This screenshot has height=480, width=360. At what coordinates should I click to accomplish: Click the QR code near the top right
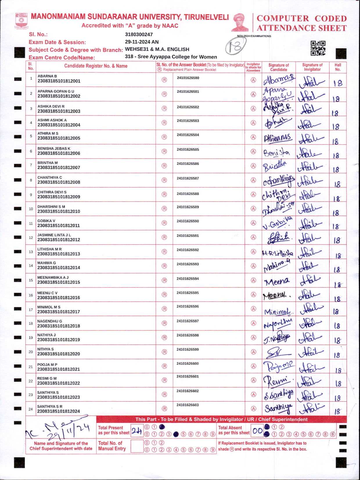(318, 48)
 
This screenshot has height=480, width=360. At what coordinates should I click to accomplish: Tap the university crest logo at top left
(21, 21)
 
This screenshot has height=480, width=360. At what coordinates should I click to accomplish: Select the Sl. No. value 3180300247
(139, 34)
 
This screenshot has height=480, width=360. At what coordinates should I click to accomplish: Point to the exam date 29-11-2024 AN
(142, 42)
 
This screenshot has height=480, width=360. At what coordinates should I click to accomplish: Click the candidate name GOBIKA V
(46, 221)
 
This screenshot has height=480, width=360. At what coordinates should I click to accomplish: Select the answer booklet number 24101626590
(188, 221)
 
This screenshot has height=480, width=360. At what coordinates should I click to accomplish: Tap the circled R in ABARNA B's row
(164, 80)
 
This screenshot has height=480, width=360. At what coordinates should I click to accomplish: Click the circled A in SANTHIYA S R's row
(253, 409)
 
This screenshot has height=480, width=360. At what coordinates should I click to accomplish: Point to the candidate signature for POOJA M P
(278, 366)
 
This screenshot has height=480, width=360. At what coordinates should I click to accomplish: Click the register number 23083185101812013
(59, 254)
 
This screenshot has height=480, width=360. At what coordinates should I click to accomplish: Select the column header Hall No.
(338, 67)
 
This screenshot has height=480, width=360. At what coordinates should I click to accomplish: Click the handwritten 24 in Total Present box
(136, 431)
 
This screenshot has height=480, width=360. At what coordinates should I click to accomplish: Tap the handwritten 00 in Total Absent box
(257, 431)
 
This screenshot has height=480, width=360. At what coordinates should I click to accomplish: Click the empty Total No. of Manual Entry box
(137, 446)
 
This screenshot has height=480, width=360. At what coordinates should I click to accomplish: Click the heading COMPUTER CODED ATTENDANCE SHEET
(302, 23)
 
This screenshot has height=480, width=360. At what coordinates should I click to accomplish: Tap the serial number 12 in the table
(31, 238)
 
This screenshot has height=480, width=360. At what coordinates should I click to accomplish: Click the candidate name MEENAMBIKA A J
(53, 277)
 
